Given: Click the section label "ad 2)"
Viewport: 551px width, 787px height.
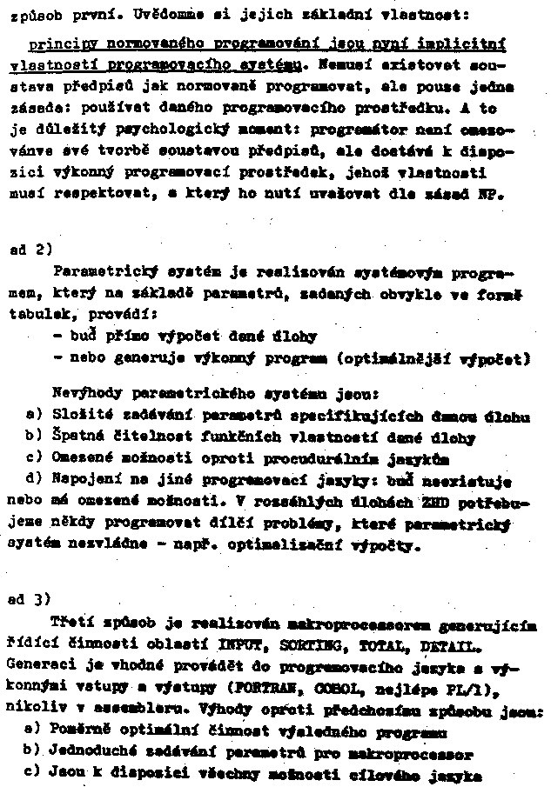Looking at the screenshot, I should click(27, 250).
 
